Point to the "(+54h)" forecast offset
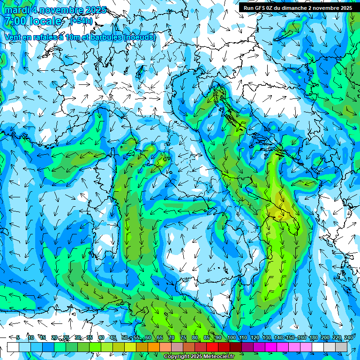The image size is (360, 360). click(81, 21)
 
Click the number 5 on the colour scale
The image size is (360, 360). click(18, 337)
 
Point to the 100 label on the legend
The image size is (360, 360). click(231, 337)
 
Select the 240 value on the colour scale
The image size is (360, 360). click(348, 337)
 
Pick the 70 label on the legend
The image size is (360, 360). click(172, 337)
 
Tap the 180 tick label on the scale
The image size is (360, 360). click(313, 337)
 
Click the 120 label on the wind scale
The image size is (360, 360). click(255, 337)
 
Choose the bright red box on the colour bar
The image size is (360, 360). click(212, 347)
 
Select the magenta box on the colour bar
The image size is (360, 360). click(271, 347)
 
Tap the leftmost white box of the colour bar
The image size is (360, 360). click(13, 347)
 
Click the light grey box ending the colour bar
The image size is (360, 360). click(341, 347)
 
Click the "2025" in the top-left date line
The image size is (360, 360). click(94, 10)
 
